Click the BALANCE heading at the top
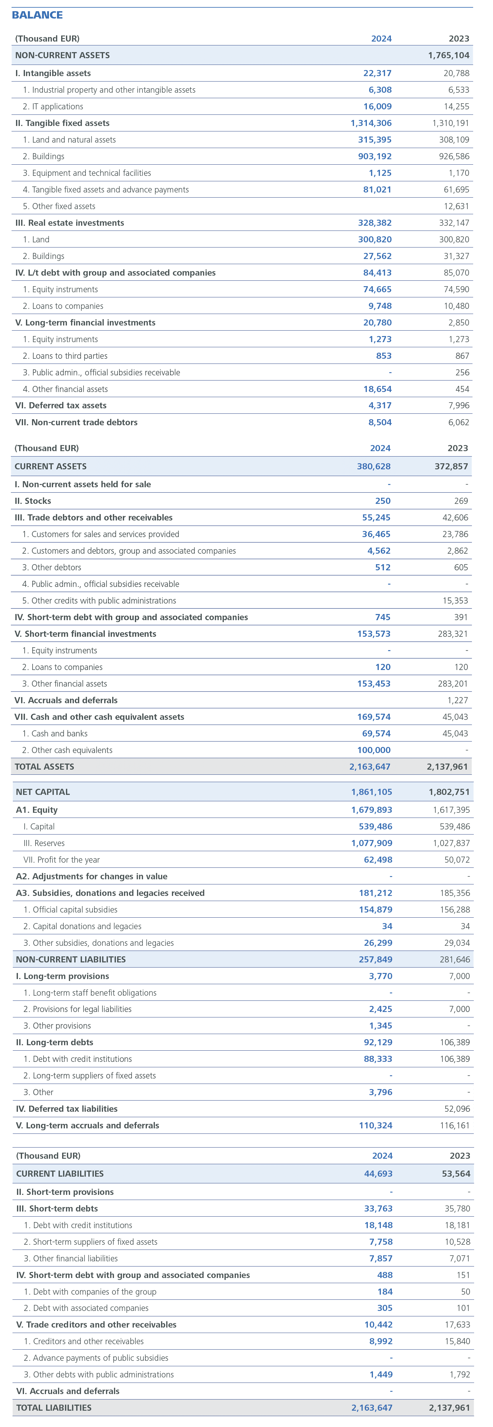tap(37, 15)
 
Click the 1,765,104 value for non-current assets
tap(448, 55)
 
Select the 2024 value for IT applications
tap(377, 106)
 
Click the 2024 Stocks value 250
tap(382, 501)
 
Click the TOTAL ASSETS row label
tap(44, 767)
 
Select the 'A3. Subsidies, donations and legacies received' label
tap(110, 893)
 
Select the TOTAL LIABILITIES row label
tap(54, 1407)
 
